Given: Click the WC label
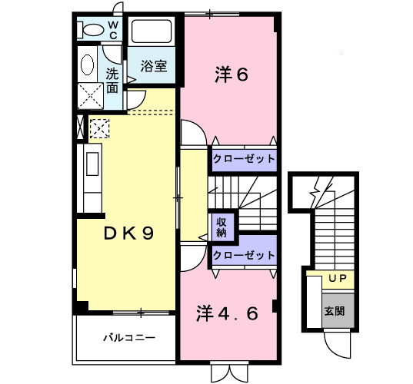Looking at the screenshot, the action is click(x=113, y=30).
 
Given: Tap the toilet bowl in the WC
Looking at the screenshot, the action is click(x=90, y=29).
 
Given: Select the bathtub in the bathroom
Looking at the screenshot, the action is click(x=152, y=31).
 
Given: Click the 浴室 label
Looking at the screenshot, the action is click(x=154, y=66).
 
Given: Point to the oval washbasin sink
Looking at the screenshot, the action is click(x=87, y=65).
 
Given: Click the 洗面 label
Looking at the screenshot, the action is click(x=112, y=81).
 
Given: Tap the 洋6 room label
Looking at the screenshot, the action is click(x=231, y=74).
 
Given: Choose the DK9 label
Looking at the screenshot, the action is click(x=128, y=233).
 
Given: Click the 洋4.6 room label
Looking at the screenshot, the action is click(x=227, y=313).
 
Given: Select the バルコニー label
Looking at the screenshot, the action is click(x=129, y=338).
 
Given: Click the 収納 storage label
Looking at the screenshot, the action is click(x=221, y=227).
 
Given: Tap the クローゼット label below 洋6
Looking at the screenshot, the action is click(x=244, y=159).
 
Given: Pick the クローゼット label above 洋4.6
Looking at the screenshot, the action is click(x=244, y=256).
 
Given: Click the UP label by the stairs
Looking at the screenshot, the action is click(x=338, y=278).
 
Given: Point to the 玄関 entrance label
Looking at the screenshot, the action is click(x=335, y=311).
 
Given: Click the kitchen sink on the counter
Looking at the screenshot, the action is click(x=92, y=164).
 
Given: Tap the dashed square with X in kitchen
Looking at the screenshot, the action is click(x=99, y=128).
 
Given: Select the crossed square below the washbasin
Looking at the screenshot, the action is click(x=90, y=96).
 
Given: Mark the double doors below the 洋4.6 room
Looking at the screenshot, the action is click(x=230, y=373).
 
